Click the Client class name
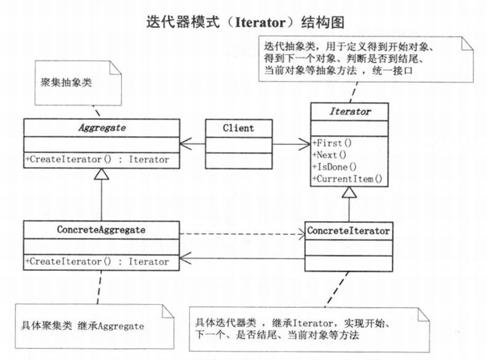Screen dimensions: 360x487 coord(238,128)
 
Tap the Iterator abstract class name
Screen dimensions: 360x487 coord(350,112)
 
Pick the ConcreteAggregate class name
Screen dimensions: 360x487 coord(101,230)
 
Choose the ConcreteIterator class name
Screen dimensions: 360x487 coord(349,231)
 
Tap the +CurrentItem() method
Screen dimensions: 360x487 coord(348,179)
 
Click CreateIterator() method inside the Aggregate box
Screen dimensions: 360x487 coord(98,160)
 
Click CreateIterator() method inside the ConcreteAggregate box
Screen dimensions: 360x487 coord(98,261)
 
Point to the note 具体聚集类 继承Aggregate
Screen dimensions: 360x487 coord(82,326)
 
